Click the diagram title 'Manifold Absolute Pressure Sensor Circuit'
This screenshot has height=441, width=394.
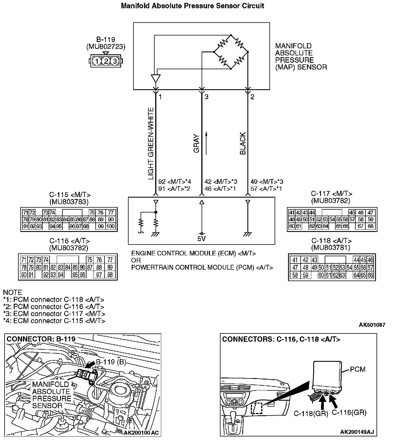click(192, 6)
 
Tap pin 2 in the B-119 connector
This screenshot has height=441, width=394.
click(106, 61)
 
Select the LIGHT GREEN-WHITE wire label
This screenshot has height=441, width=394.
click(151, 144)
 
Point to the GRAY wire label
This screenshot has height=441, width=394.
click(197, 144)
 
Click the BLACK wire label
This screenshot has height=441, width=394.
click(243, 144)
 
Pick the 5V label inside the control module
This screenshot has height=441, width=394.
click(202, 239)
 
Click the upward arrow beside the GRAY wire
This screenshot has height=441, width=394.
click(206, 143)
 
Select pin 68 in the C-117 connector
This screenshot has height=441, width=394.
click(371, 227)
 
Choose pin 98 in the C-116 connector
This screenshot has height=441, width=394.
click(110, 275)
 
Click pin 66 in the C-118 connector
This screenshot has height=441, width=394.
click(371, 276)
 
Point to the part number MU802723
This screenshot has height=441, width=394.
click(106, 47)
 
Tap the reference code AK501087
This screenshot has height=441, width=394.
click(372, 325)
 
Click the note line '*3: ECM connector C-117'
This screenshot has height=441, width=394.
click(54, 314)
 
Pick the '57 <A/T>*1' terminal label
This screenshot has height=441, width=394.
click(266, 189)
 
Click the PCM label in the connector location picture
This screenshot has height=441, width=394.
click(358, 369)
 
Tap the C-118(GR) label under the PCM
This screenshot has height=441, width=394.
click(311, 414)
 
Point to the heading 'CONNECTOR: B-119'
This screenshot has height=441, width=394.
click(41, 339)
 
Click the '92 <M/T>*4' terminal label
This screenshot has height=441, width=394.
click(175, 182)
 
